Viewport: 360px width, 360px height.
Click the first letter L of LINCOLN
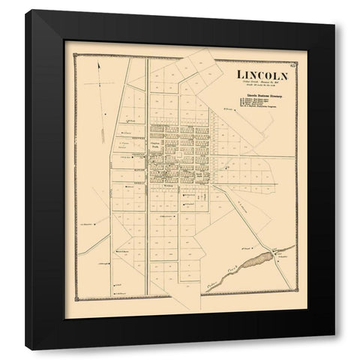point(240,74)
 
